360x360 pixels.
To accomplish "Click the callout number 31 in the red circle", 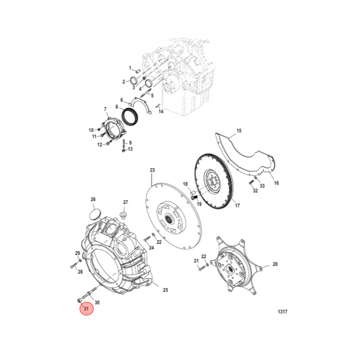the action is click(86, 308).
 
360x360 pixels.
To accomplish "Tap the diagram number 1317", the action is click(282, 311).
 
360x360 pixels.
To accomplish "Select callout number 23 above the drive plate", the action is click(152, 170).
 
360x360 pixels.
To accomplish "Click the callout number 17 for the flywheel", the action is click(237, 205).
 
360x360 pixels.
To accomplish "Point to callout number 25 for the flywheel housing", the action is click(165, 290).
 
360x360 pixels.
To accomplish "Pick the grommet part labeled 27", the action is click(124, 216).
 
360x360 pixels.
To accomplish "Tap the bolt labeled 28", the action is click(75, 265).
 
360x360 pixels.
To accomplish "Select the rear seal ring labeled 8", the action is click(129, 117).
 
